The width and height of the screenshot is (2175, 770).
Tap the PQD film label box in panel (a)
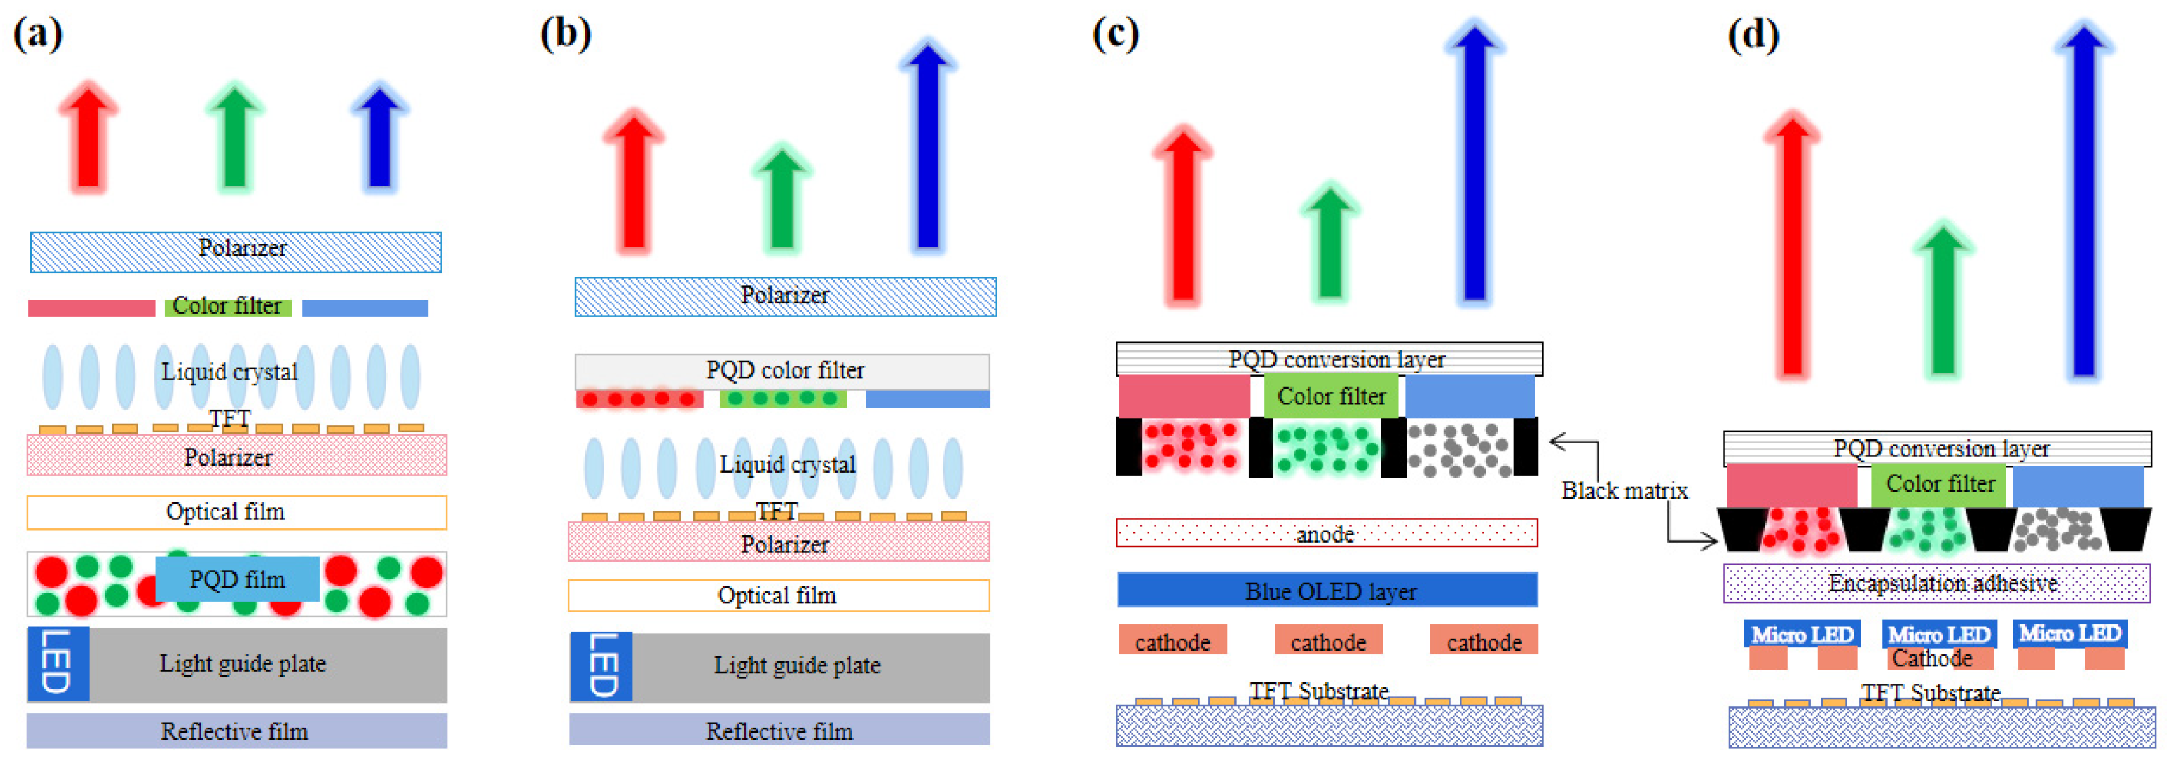[x=237, y=579]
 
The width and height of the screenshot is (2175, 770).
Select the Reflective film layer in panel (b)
[x=778, y=730]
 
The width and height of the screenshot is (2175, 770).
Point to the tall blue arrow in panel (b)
[x=927, y=148]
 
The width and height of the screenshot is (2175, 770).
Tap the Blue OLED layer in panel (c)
[x=1328, y=590]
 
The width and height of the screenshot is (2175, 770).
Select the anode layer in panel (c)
[x=1325, y=533]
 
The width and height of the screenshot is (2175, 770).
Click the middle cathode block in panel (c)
[x=1328, y=641]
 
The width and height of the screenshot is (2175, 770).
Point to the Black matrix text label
[x=1623, y=490]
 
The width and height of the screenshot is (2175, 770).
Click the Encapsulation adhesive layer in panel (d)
[x=1936, y=584]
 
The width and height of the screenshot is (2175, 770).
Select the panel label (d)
[x=1753, y=35]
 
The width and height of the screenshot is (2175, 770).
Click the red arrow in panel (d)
[x=1792, y=245]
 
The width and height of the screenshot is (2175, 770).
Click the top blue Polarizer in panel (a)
[x=237, y=251]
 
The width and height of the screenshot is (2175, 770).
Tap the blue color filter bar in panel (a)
[x=365, y=308]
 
